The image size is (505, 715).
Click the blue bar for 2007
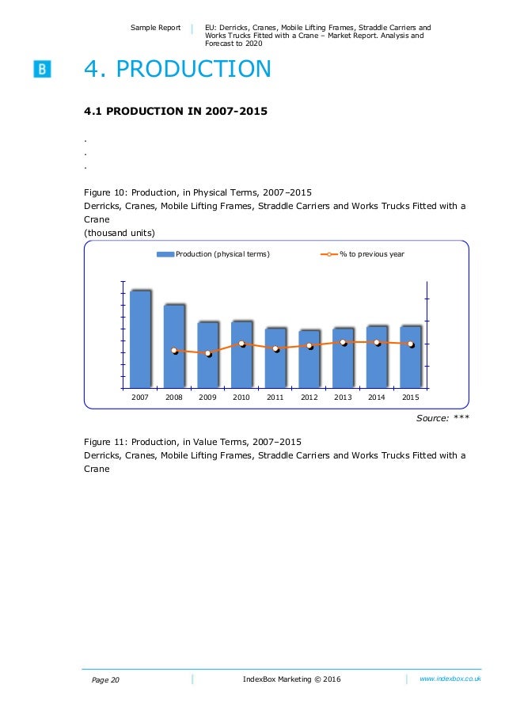click(140, 339)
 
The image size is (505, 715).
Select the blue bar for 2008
click(174, 346)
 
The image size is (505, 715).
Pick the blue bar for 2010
click(241, 355)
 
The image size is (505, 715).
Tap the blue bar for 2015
click(410, 356)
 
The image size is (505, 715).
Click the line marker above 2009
click(207, 353)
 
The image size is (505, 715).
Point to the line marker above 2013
click(343, 342)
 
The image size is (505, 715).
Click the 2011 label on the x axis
click(275, 397)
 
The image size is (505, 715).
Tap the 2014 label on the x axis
click(377, 397)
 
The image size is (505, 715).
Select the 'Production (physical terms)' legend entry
click(213, 254)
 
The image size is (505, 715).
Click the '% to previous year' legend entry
click(363, 254)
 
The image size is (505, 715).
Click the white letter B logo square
click(42, 69)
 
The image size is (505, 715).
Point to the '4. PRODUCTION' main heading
click(177, 70)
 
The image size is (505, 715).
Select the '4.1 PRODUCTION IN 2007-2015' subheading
click(176, 111)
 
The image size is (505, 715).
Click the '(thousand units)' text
click(120, 232)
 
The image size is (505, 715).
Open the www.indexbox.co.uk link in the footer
click(450, 679)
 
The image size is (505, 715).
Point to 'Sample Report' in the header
click(156, 28)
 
